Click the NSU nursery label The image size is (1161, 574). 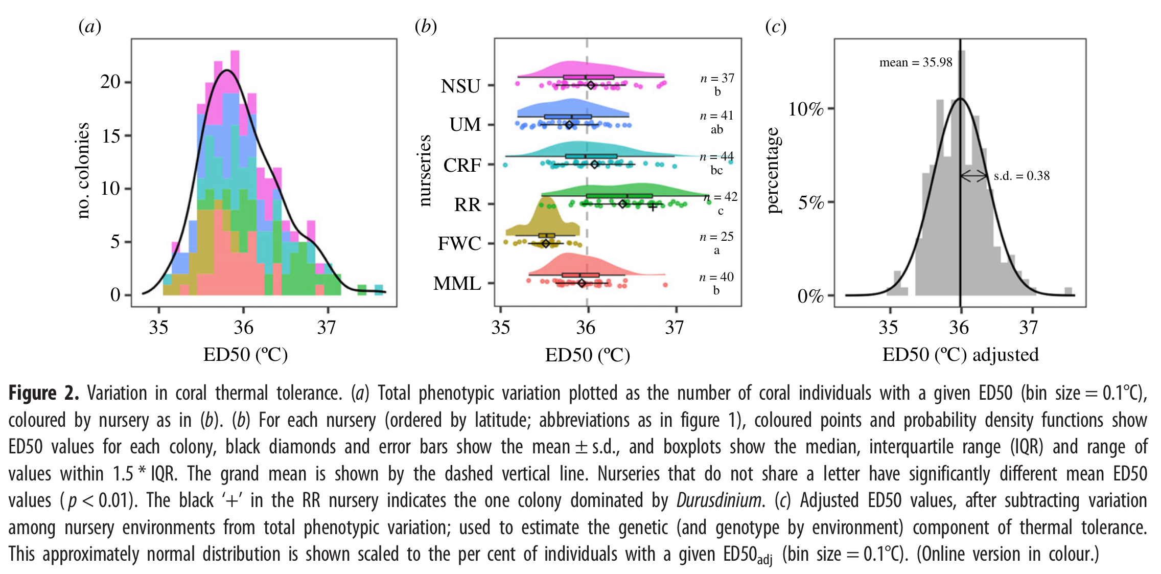coord(460,86)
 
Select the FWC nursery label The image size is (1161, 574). coord(459,243)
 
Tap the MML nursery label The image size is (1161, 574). coord(457,283)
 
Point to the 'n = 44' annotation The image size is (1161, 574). coord(716,156)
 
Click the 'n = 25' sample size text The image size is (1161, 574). coord(716,237)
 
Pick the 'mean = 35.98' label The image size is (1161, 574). coord(915,62)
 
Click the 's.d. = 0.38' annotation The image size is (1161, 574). coord(1021,176)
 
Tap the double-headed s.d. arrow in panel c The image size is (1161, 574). coord(974,176)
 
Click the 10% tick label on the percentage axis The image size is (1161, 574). coord(806,109)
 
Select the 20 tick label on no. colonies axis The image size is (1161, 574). coord(110,82)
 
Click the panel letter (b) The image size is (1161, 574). coord(425,26)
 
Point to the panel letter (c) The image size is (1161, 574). coord(775,26)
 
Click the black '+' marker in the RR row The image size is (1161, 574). coord(653,206)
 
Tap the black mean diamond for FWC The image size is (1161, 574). coord(546,243)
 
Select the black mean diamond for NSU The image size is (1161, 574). coord(591,85)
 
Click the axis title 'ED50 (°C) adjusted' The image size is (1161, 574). coord(960,354)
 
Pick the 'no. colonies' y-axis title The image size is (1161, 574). coord(83,171)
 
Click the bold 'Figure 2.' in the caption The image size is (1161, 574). coord(44,393)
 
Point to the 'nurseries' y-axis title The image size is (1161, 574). coord(425,171)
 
